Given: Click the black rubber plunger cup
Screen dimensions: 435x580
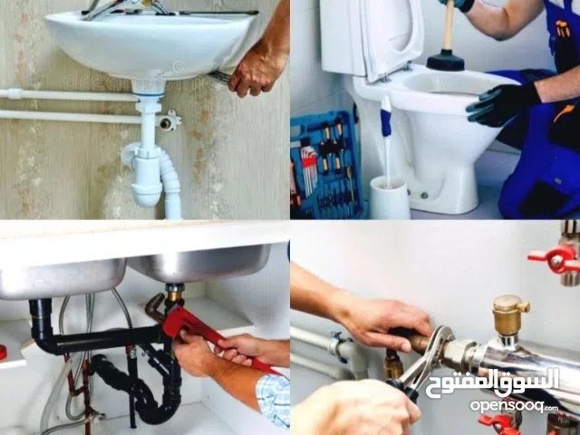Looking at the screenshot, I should pyautogui.click(x=446, y=63).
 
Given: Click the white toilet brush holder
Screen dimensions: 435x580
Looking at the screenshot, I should pyautogui.click(x=390, y=197).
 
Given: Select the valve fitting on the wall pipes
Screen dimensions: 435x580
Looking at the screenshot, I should pyautogui.click(x=169, y=119).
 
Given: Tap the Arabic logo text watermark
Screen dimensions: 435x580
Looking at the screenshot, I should pyautogui.click(x=494, y=381).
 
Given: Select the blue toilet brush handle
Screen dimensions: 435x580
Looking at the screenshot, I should pyautogui.click(x=386, y=136).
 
